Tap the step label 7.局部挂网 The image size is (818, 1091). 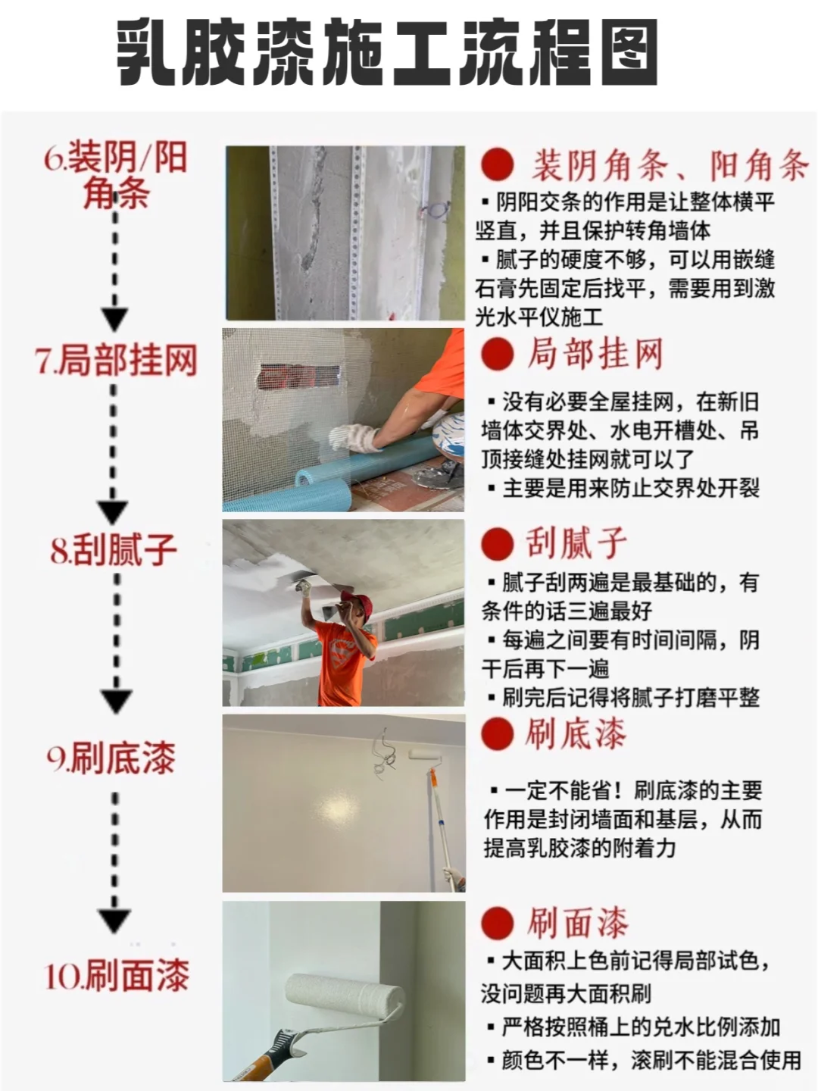coord(116,360)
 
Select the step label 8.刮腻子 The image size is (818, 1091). coord(114,549)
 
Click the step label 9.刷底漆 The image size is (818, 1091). coord(111,758)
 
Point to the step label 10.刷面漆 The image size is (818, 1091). coord(117,976)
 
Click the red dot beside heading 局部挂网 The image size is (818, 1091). coord(497,354)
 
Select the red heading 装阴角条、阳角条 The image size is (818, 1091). coord(670,164)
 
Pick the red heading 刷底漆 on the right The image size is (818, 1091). coord(576,733)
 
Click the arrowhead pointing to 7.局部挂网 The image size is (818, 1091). coord(114,319)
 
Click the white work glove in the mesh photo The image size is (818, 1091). coord(354,438)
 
